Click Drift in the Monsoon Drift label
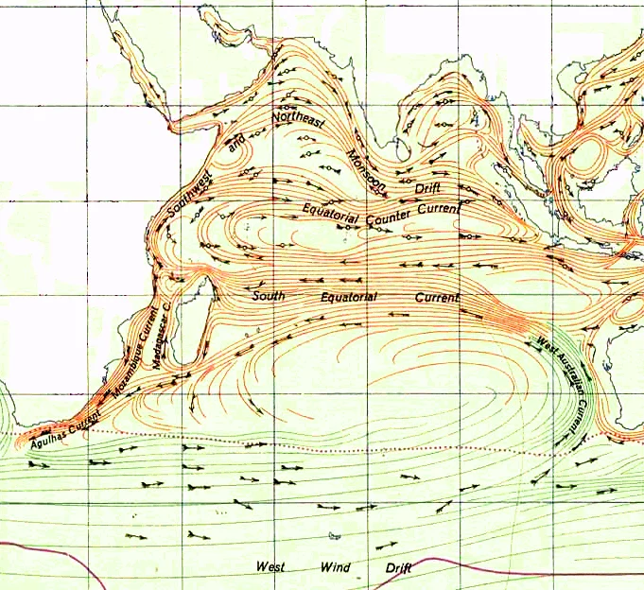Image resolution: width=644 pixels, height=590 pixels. tap(427, 190)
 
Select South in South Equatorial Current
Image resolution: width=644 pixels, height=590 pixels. tap(268, 296)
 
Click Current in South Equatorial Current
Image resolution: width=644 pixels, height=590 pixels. tap(436, 297)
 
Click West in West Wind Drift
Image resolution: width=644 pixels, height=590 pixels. tap(270, 567)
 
